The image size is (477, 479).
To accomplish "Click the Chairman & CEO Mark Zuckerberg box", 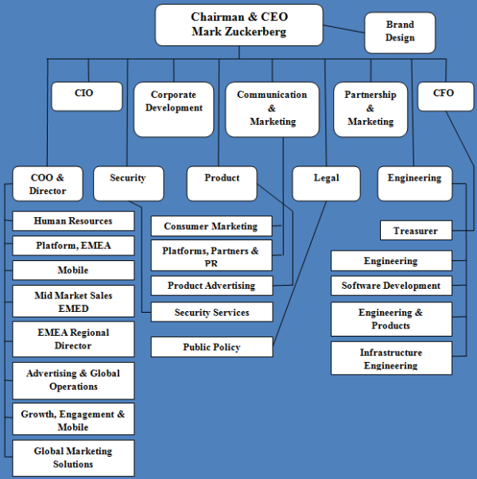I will click(x=238, y=25).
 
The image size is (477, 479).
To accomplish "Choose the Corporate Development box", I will click(x=173, y=108).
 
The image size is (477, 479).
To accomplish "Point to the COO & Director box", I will click(x=48, y=184).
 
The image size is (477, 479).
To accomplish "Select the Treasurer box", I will click(x=416, y=231).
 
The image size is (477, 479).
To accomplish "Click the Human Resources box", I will click(x=73, y=221).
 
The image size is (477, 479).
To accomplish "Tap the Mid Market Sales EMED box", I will click(x=73, y=302).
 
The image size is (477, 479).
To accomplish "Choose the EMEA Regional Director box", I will click(x=73, y=339).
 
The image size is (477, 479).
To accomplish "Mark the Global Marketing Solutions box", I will click(x=73, y=458).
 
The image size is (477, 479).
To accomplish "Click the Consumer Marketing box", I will click(x=211, y=226).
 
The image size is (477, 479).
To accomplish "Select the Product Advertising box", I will click(x=211, y=286).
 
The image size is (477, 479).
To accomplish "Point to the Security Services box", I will click(x=211, y=313).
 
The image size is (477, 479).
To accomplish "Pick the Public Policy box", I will click(x=211, y=347).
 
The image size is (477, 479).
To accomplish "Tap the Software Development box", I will click(x=390, y=286).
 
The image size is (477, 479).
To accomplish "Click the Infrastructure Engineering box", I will click(x=390, y=359).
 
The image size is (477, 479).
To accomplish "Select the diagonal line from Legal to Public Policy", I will click(x=301, y=271).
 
